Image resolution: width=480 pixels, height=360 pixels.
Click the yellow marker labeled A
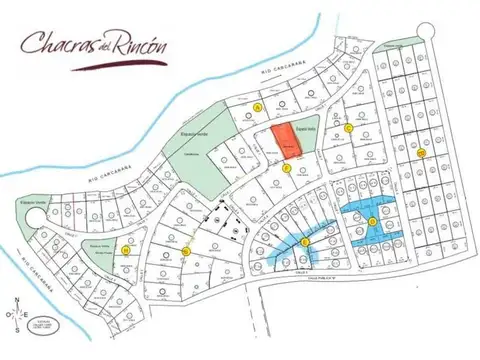(258, 106)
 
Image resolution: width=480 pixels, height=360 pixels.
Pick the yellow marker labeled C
(348, 128)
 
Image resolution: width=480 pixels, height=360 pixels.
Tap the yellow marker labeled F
(287, 168)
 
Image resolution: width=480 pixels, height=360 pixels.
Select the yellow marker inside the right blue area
(372, 221)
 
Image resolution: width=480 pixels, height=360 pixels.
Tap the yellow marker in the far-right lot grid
(422, 153)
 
